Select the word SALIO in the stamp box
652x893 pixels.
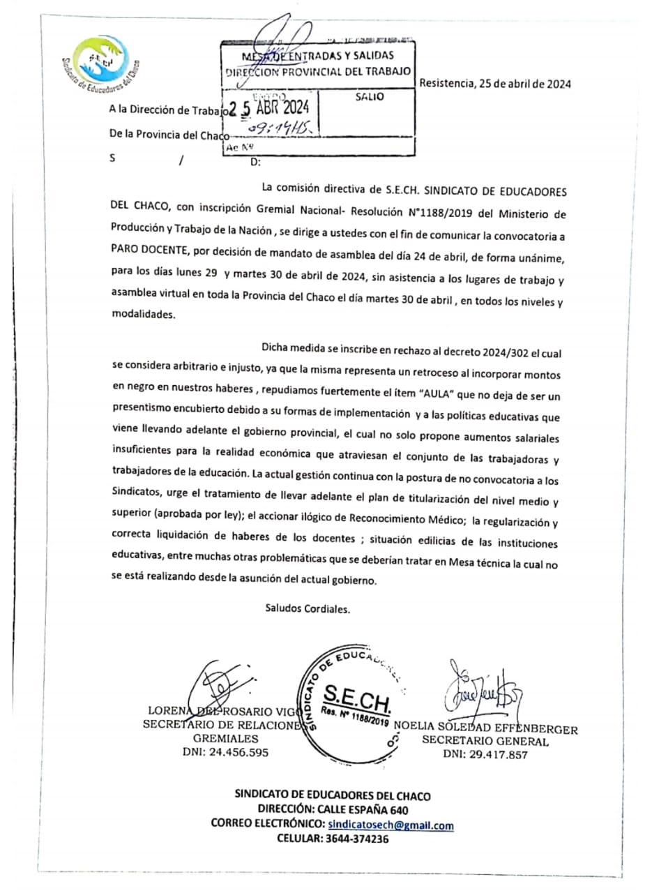coord(369,97)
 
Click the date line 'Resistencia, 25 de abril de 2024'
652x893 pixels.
coord(495,84)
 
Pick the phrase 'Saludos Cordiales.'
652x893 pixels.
coord(308,608)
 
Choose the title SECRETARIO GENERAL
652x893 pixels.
coord(485,742)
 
